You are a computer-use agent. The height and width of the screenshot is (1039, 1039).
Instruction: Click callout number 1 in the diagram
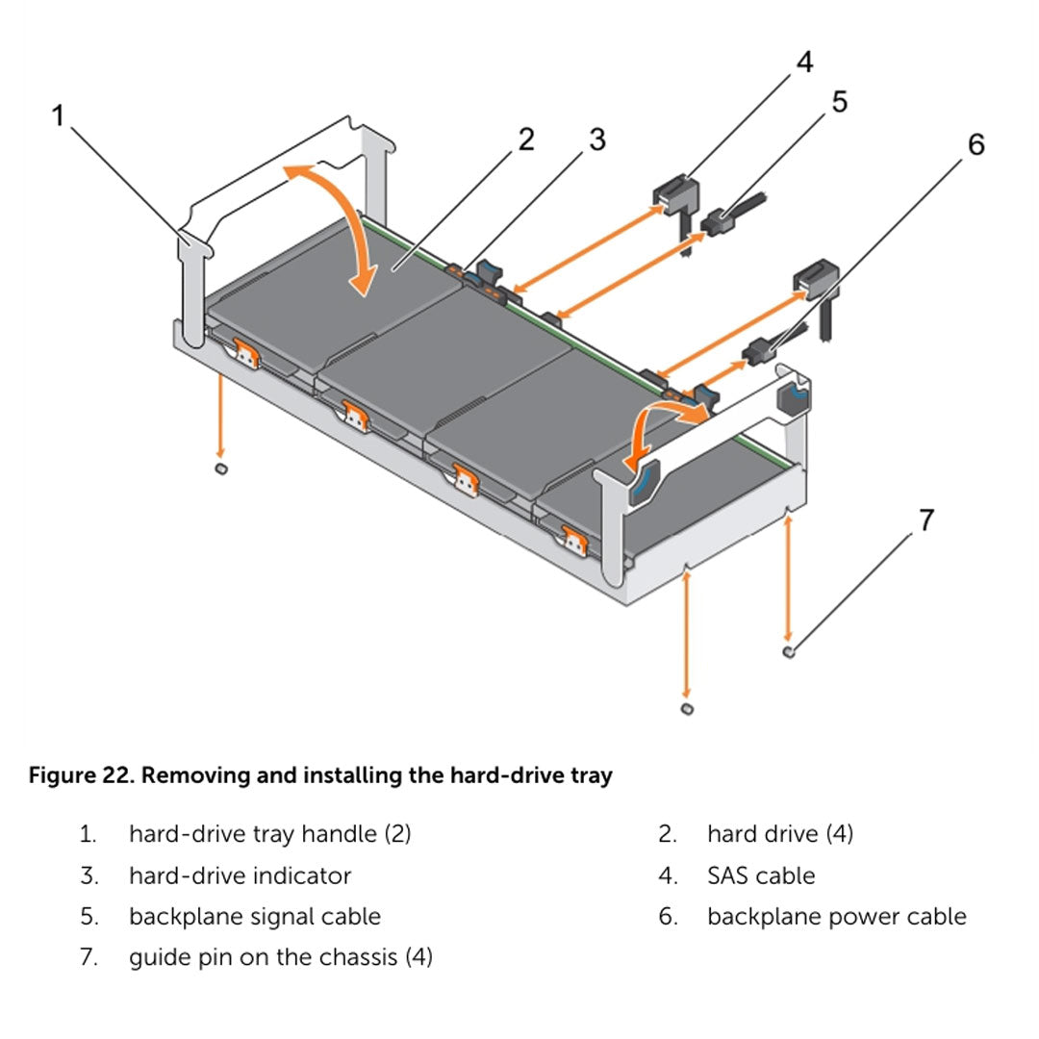click(58, 116)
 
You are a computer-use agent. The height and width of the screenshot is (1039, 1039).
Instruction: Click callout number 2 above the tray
click(525, 140)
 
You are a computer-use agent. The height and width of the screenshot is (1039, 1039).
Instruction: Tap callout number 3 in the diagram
click(596, 140)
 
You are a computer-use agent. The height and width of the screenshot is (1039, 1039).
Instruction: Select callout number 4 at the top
click(803, 63)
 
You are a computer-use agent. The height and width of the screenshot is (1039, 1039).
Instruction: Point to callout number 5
click(839, 102)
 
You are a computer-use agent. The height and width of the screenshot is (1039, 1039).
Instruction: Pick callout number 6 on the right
click(976, 145)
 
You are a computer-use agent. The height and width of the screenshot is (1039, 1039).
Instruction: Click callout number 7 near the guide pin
click(925, 521)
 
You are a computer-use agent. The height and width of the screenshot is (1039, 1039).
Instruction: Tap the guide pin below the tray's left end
click(220, 468)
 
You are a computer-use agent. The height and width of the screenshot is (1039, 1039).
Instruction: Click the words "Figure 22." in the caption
click(81, 775)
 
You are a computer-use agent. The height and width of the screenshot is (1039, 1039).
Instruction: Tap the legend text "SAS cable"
click(760, 875)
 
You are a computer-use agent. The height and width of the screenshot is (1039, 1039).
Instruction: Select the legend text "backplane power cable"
click(836, 917)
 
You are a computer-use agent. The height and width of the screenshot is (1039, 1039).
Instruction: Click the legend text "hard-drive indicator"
click(240, 875)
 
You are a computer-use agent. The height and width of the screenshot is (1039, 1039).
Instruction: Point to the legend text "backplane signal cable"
click(254, 917)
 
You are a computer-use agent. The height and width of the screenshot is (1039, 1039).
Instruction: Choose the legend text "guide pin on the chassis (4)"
click(280, 957)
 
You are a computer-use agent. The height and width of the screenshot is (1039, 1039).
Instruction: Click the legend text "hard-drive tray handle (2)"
click(269, 834)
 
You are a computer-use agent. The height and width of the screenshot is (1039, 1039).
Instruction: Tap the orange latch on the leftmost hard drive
click(244, 353)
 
